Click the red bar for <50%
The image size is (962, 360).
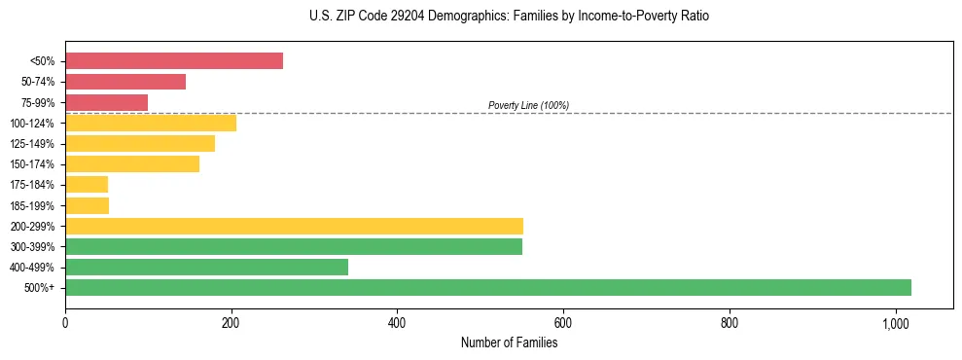point(174,61)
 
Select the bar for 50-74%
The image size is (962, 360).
point(125,82)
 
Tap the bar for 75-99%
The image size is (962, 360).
point(106,102)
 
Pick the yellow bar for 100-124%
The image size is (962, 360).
point(151,123)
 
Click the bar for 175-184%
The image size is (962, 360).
point(87,185)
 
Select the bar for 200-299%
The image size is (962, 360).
point(294,226)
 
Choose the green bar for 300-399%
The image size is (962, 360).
point(294,246)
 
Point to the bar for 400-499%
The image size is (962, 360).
point(206,267)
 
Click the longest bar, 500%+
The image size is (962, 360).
point(488,287)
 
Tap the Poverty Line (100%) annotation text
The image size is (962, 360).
point(528,105)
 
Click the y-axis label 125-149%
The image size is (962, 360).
point(32,144)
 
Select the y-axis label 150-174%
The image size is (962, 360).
point(32,164)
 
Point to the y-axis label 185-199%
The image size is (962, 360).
point(32,205)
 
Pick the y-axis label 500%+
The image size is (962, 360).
point(40,288)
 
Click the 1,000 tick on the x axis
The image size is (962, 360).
point(895,323)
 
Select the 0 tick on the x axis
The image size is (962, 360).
point(65,323)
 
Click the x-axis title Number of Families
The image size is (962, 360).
point(509,342)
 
